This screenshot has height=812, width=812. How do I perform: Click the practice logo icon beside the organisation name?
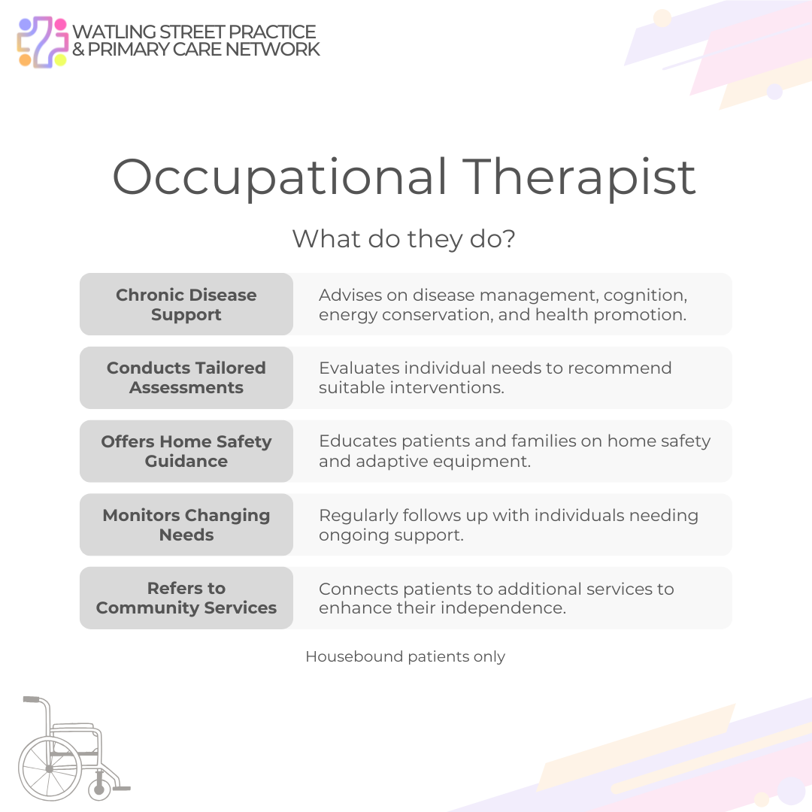(43, 41)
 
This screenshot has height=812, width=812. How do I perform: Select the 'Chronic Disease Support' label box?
(186, 304)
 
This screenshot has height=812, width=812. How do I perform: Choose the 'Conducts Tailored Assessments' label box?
(186, 377)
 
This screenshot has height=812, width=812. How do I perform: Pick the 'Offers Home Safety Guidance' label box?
(186, 451)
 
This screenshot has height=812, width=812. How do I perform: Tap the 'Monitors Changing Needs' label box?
(186, 525)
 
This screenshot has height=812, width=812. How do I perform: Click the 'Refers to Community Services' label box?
(186, 598)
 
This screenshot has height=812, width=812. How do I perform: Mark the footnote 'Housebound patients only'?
(405, 656)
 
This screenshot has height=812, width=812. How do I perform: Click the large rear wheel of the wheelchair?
(50, 768)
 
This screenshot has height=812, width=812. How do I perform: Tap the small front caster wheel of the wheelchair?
(98, 789)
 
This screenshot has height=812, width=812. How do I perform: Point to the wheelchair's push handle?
(32, 699)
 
